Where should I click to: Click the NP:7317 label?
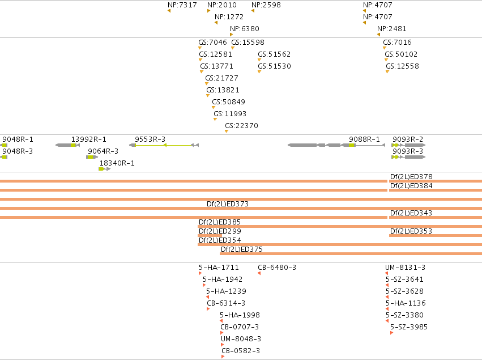[x=182, y=5]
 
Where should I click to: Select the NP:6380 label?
[x=245, y=28]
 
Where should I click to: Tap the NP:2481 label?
[x=392, y=28]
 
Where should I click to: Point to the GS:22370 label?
[x=242, y=125]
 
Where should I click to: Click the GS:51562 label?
[x=274, y=54]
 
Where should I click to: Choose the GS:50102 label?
[x=401, y=54]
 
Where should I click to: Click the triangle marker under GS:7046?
[x=200, y=48]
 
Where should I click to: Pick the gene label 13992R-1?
[x=89, y=139]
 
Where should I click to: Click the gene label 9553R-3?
[x=150, y=139]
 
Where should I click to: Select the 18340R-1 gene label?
[x=117, y=163]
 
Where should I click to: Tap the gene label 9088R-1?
[x=364, y=139]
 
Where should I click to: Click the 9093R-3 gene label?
[x=408, y=151]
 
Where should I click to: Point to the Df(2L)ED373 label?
[x=228, y=204]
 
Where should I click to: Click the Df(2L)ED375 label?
[x=242, y=249]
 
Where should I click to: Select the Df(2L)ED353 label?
[x=411, y=231]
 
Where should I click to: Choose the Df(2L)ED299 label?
[x=220, y=231]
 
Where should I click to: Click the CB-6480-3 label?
[x=277, y=268]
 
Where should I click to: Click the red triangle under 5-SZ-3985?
[x=391, y=333]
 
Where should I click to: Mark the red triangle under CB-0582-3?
[x=223, y=357]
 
